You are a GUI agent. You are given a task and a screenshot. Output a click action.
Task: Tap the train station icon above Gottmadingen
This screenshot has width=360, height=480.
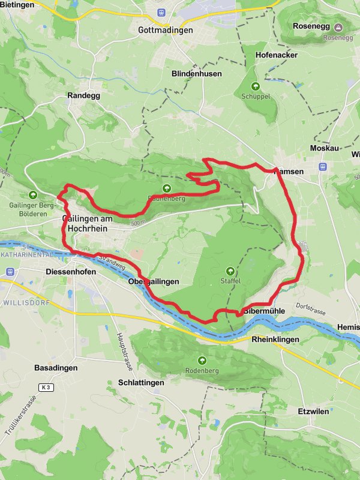(160, 12)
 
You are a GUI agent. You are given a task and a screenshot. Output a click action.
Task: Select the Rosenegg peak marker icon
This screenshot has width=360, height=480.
(338, 28)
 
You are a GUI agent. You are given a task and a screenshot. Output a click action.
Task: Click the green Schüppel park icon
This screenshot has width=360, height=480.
(256, 86)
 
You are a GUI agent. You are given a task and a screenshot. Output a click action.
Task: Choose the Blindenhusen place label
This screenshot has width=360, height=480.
(196, 74)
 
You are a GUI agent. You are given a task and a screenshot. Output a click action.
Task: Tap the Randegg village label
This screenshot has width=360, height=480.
(83, 95)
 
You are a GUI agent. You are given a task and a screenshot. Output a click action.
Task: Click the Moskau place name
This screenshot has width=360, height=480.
(325, 148)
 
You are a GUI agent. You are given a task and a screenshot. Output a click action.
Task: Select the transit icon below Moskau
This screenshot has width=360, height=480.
(323, 167)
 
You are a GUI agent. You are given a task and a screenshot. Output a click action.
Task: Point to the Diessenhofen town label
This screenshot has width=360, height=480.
(71, 271)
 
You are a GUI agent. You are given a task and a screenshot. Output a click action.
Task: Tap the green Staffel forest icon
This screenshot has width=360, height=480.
(230, 271)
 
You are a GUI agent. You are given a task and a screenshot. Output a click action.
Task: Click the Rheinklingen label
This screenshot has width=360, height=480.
(274, 340)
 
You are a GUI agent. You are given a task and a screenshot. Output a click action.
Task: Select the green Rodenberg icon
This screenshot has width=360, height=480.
(202, 361)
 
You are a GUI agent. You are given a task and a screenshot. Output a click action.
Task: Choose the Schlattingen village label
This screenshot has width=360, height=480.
(142, 382)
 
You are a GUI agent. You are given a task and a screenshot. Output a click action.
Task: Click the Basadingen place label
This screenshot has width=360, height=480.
(56, 368)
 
